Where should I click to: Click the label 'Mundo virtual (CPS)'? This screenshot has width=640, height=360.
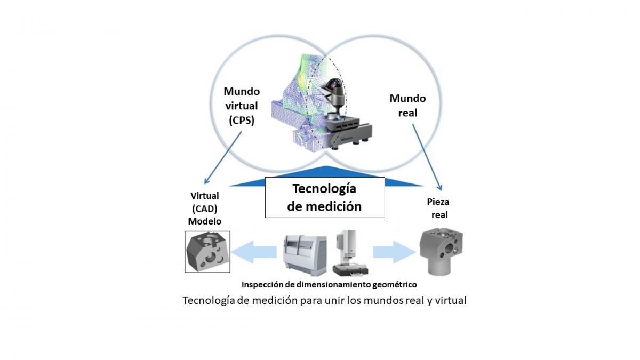coord(242,106)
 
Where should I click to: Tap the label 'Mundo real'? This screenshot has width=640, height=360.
coord(407,106)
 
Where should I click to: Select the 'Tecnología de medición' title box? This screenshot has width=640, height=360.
coord(324,197)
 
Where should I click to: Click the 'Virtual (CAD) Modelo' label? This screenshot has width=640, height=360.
coord(205,209)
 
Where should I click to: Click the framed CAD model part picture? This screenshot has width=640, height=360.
coord(207,251)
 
